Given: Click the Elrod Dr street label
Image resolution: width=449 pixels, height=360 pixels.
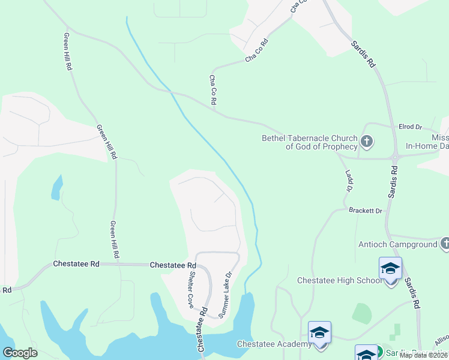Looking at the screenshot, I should (411, 127).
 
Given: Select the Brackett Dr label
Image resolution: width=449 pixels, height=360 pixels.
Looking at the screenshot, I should (366, 211).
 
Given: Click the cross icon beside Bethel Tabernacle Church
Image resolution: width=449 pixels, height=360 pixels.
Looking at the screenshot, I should (367, 142).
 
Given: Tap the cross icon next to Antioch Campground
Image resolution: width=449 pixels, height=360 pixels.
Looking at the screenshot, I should (445, 243).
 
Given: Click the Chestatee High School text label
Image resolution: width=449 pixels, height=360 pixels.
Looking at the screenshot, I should (340, 280).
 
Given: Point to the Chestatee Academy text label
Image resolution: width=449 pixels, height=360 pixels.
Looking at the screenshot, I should (274, 344).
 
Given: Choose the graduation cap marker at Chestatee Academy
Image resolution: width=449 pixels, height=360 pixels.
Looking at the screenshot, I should (319, 332).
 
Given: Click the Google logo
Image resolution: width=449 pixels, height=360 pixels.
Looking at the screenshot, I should (20, 353).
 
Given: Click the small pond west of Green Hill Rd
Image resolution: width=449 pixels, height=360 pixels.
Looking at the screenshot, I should (56, 187).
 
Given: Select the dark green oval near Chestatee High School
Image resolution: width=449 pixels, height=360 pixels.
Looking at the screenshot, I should (361, 313).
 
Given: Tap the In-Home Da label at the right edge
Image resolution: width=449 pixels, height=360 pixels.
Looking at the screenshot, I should (427, 146).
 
